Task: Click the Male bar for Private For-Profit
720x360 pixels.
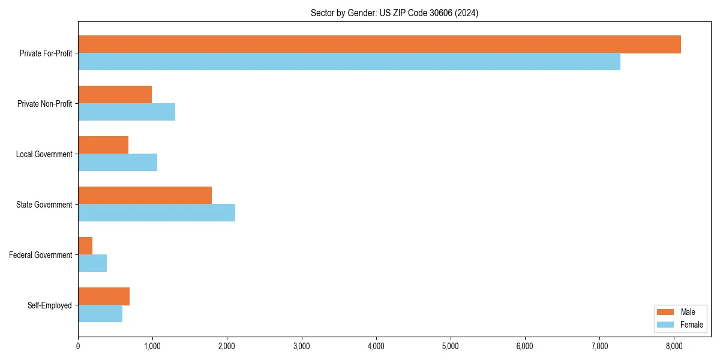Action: click(x=379, y=44)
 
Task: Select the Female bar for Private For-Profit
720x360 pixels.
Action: click(x=349, y=62)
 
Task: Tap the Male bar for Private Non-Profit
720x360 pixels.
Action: click(x=115, y=95)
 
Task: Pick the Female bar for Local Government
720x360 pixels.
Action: click(x=118, y=163)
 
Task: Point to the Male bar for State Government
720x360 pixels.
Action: click(x=145, y=196)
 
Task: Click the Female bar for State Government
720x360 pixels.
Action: click(x=157, y=213)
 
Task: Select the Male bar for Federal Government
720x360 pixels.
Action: click(x=85, y=246)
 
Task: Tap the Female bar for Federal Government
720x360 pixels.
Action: click(x=92, y=263)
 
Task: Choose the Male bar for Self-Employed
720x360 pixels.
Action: click(x=104, y=296)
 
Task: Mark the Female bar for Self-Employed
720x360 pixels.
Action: click(x=100, y=314)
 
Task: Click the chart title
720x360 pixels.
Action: click(x=394, y=13)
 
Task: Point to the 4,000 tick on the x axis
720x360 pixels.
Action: click(x=376, y=346)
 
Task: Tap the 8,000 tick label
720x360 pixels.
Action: click(x=674, y=346)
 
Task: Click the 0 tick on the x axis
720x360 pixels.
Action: click(x=78, y=346)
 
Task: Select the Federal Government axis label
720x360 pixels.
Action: click(x=41, y=255)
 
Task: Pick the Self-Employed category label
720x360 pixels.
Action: click(x=50, y=305)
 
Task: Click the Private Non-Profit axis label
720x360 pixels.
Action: click(x=44, y=104)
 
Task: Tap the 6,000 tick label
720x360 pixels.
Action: click(x=525, y=346)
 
